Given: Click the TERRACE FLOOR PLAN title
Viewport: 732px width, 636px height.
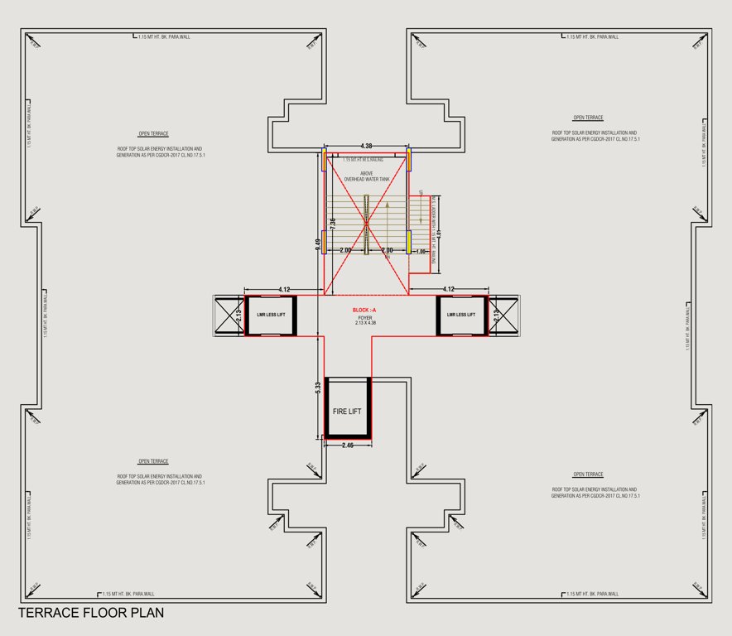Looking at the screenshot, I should [x=91, y=614].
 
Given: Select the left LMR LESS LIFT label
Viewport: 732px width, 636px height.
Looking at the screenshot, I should [x=270, y=315].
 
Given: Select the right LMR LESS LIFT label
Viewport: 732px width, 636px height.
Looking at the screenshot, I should [x=461, y=315].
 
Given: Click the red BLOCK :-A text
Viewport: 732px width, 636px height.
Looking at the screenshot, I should [x=364, y=310].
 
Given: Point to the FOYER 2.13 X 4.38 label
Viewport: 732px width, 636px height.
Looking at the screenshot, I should [x=364, y=320].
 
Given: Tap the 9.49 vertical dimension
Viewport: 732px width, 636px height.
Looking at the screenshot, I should [x=318, y=244].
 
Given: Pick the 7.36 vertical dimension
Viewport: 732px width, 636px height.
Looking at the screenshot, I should [x=333, y=224].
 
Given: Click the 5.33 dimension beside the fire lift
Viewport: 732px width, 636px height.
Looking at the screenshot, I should [x=318, y=387].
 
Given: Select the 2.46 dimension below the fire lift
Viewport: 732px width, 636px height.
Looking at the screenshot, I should [x=348, y=446].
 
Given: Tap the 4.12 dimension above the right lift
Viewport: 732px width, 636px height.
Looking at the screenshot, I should [x=449, y=289].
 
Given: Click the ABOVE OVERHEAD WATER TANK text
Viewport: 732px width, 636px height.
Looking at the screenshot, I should [x=366, y=176].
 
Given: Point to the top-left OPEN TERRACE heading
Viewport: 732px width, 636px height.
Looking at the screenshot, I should [x=153, y=133].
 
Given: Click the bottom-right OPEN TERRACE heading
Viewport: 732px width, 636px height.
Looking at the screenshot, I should [x=588, y=475].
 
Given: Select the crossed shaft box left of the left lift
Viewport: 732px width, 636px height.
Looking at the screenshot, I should [x=228, y=315].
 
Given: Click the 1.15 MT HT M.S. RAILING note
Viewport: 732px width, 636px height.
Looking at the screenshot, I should [x=366, y=159].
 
